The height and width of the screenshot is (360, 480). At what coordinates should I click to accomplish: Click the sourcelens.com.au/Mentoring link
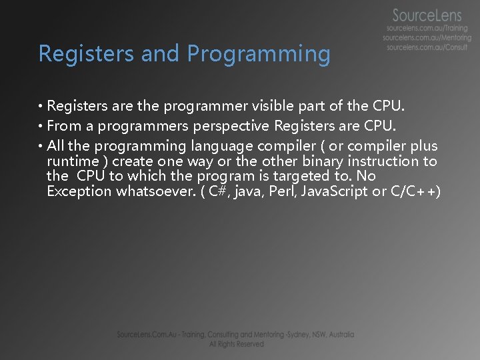(x=427, y=39)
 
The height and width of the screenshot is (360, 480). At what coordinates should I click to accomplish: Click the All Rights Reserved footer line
(x=237, y=344)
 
